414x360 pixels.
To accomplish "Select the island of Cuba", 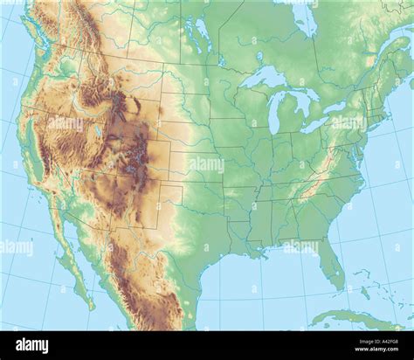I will click(x=358, y=316).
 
